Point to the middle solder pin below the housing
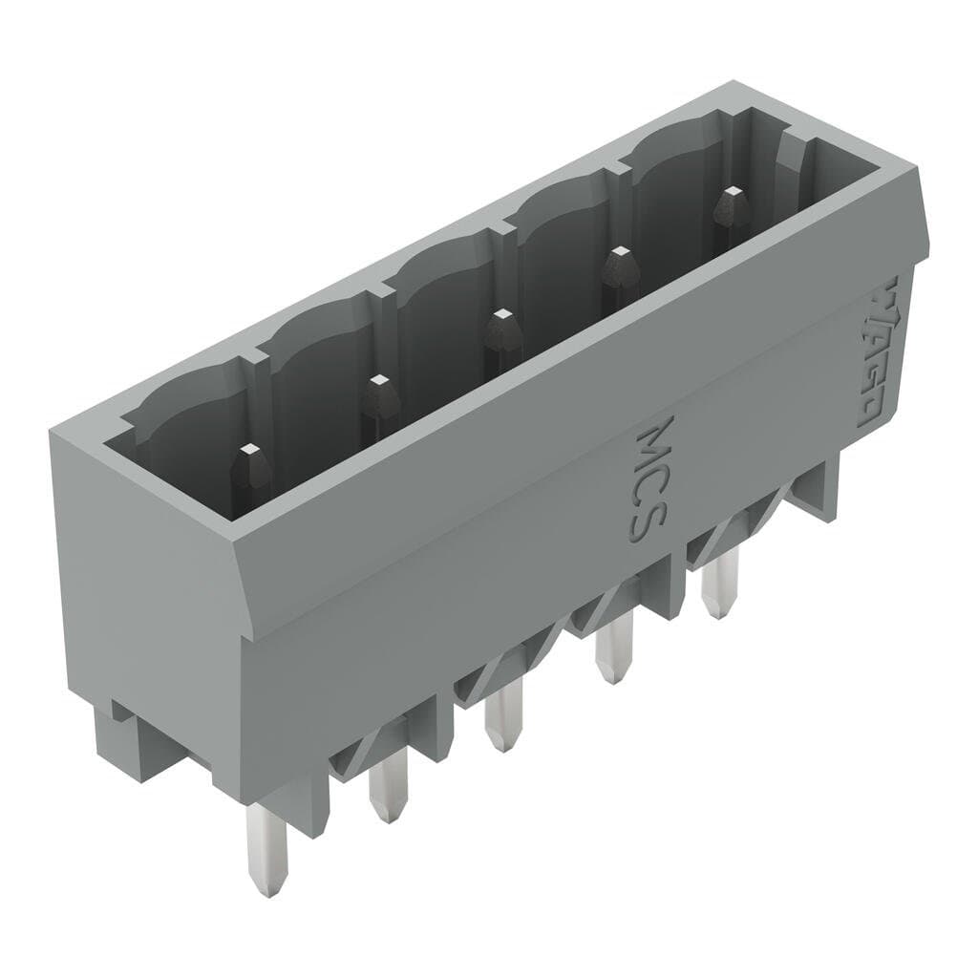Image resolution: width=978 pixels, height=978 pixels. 498,721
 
